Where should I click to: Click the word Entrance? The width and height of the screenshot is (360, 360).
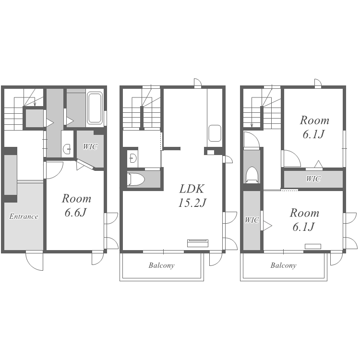coord(24,216)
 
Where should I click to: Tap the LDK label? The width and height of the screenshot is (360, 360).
coord(192,189)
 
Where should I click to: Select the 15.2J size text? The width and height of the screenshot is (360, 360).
coord(192,203)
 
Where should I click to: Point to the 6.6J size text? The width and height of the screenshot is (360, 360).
coord(75,213)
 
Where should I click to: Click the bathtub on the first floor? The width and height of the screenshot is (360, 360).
coord(95,108)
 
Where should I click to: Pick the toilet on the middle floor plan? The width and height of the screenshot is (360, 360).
coord(136,179)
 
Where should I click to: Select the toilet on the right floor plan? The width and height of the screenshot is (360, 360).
coord(252,175)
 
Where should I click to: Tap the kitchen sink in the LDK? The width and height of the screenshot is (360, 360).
coord(215,133)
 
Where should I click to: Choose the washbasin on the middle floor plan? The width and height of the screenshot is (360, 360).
coord(133,158)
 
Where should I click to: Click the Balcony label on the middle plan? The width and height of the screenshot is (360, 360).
coord(161,265)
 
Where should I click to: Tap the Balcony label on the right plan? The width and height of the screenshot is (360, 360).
coord(283,265)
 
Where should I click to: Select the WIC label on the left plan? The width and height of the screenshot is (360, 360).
coord(90,147)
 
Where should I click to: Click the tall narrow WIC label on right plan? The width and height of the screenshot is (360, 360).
coord(252,220)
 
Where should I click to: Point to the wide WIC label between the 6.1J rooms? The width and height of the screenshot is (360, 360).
coord(313,179)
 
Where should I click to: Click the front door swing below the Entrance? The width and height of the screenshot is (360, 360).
coord(34,261)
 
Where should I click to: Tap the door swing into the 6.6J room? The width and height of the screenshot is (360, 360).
coord(55,170)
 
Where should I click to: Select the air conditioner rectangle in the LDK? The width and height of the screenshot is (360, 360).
coord(198,243)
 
